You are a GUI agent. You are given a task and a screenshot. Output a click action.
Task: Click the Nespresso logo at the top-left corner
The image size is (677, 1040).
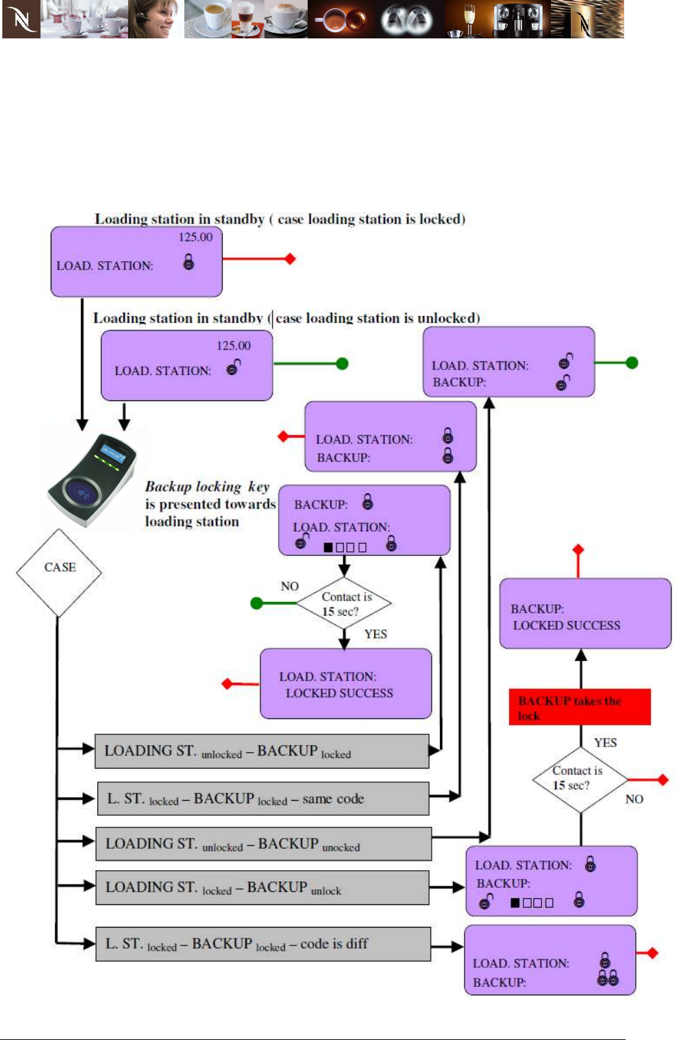pos(21,19)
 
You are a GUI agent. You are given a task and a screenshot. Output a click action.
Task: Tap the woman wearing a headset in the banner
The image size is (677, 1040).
pos(156,19)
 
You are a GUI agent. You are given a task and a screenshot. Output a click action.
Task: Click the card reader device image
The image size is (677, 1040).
pos(92,479)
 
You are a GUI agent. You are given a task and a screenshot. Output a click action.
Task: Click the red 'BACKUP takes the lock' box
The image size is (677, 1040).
pos(579,708)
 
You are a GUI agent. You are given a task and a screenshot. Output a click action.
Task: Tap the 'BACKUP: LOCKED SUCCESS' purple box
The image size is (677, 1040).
pos(584,614)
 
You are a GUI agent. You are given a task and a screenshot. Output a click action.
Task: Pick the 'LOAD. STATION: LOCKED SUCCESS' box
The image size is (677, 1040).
pos(345,684)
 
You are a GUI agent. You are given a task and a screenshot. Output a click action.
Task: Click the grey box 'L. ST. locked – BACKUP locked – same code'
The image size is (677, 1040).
pos(263,799)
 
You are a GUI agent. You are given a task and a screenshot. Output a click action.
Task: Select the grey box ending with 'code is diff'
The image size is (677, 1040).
pos(263,944)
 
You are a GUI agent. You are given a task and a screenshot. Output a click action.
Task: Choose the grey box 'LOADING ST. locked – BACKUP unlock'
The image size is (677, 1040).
pos(262,888)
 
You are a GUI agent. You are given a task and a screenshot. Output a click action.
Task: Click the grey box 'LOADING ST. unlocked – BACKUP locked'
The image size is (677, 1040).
pos(262,751)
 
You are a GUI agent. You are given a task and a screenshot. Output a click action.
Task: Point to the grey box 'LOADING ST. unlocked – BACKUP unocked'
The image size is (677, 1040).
pos(263,844)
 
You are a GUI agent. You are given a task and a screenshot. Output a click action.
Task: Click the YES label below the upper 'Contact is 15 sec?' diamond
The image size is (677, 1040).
pos(376,634)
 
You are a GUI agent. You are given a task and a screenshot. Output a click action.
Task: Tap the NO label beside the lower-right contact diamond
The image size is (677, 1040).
pos(634,799)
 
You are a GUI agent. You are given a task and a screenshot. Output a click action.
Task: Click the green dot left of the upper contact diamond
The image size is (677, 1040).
pos(257,603)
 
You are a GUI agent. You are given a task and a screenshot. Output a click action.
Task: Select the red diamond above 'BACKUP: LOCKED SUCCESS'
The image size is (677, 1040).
pos(578,550)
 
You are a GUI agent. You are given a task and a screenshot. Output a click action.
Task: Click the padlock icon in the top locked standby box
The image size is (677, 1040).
pos(188,261)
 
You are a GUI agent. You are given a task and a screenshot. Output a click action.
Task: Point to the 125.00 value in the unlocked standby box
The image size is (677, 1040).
pos(234,346)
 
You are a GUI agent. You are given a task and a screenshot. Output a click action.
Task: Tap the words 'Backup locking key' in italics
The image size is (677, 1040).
pos(207,487)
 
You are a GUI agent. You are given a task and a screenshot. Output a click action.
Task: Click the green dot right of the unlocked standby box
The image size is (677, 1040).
pos(343,364)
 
